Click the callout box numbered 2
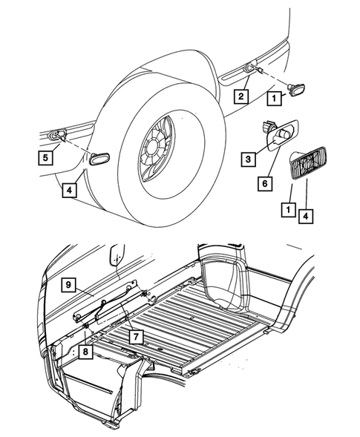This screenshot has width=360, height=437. [240, 96]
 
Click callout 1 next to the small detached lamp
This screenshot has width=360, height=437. [273, 96]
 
